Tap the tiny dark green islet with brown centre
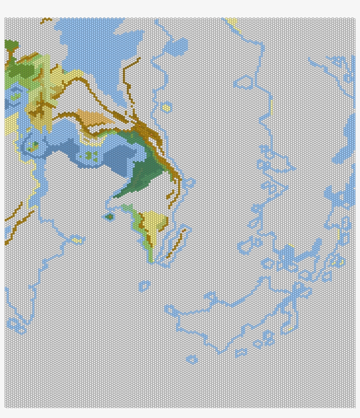point(109,217)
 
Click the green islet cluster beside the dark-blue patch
point(90,156)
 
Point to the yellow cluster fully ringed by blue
point(166,108)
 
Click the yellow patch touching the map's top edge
point(232,21)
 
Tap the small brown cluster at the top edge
point(45,20)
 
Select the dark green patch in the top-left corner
point(11,45)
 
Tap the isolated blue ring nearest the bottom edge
point(191,360)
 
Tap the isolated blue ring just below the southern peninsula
point(144,286)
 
